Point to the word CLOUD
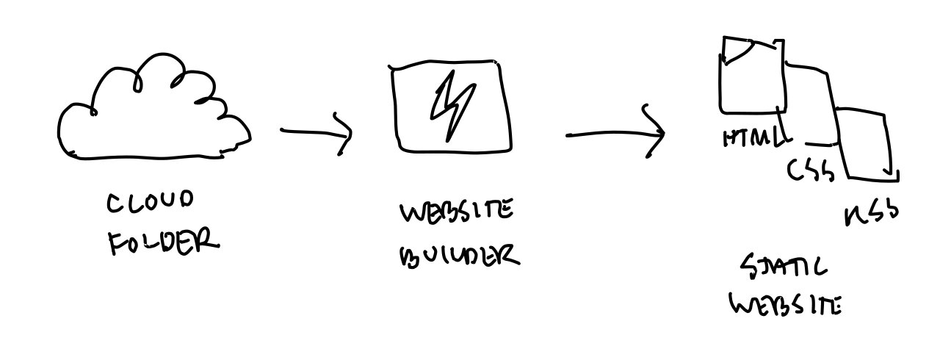151,203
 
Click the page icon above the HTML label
753,77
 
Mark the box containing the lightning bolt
450,107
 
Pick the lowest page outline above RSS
867,143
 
